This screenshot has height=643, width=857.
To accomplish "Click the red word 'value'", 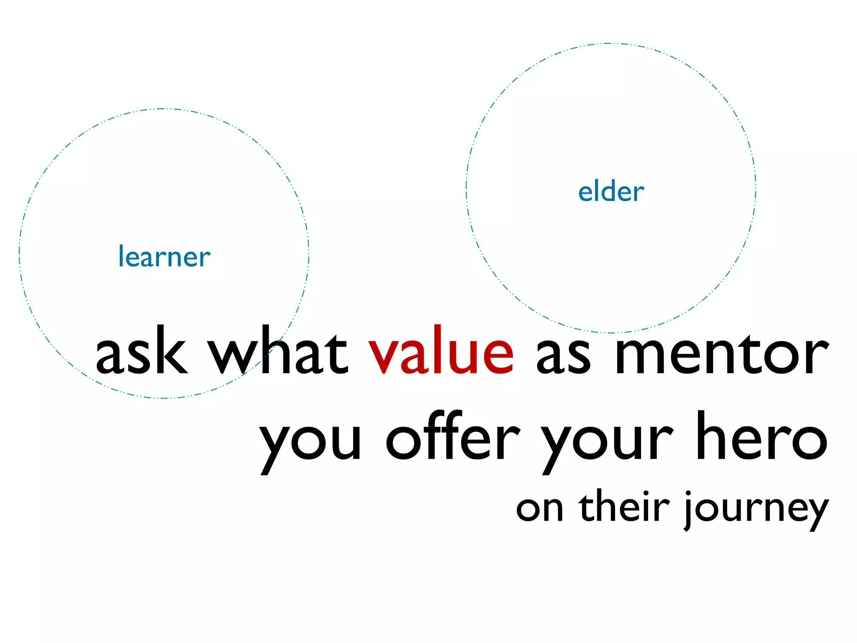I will coord(441,351).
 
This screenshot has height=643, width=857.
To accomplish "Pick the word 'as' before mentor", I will coord(563,356).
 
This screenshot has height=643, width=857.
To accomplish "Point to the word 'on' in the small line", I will coord(540,509).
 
